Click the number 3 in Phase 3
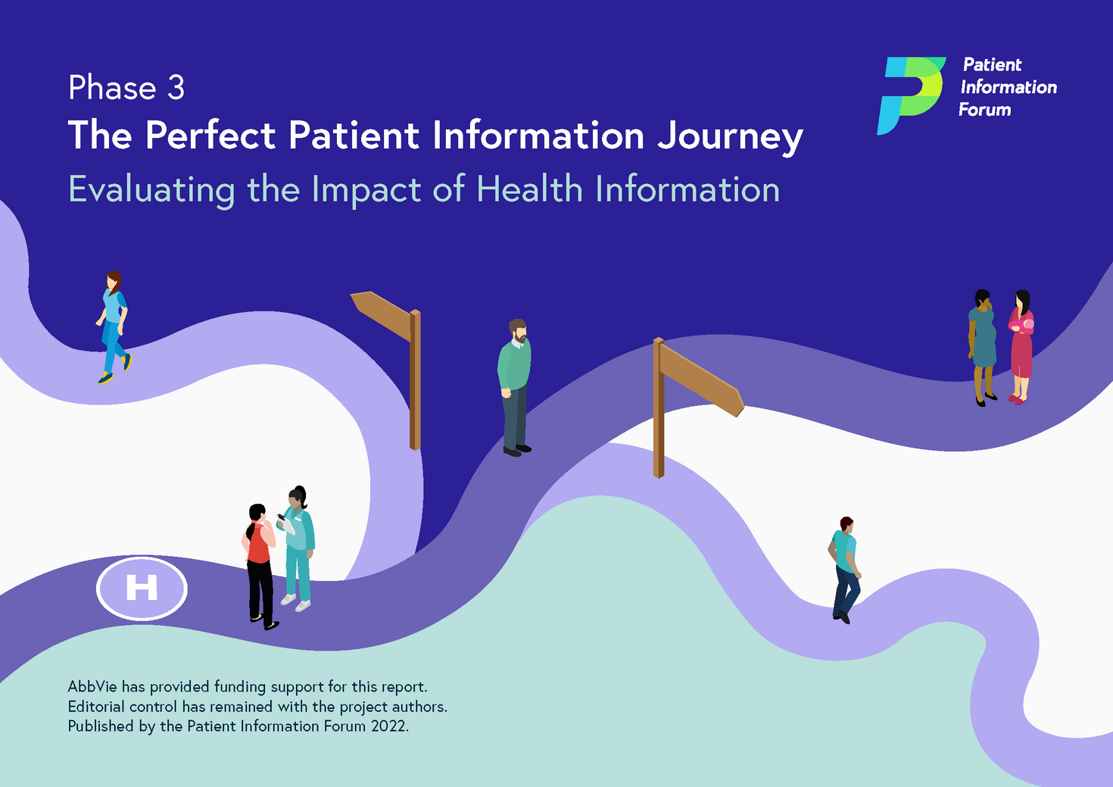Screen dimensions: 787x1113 (x=176, y=89)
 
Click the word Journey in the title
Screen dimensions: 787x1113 (x=730, y=137)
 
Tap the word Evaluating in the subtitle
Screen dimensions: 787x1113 (x=151, y=190)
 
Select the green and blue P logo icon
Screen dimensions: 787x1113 (x=911, y=95)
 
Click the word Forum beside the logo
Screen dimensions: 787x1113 (x=984, y=110)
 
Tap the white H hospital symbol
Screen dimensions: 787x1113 (x=142, y=588)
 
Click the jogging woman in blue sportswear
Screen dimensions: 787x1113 (x=114, y=326)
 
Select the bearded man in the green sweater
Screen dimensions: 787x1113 (x=515, y=386)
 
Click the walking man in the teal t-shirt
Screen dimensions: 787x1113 (x=845, y=568)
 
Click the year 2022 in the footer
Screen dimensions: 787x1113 (x=389, y=726)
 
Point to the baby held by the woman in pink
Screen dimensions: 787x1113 (x=1027, y=324)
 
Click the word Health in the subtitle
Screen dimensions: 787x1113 (x=529, y=190)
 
